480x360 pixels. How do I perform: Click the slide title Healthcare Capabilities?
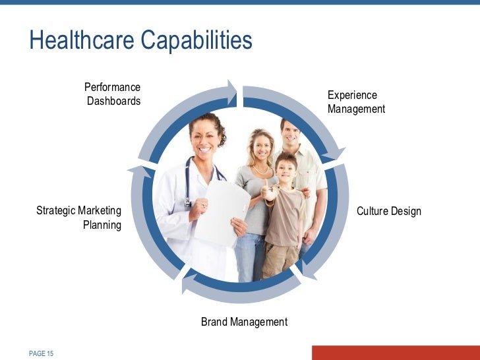click(x=140, y=41)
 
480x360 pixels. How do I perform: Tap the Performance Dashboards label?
click(x=113, y=94)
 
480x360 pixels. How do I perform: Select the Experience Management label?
click(x=355, y=102)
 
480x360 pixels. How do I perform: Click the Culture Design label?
click(x=388, y=211)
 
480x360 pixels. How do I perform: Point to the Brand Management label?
click(x=244, y=322)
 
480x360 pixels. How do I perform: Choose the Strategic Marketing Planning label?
click(x=79, y=218)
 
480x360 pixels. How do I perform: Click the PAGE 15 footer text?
click(x=41, y=354)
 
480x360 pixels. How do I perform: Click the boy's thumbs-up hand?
click(x=269, y=192)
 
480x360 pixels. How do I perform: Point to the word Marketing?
click(x=100, y=211)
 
